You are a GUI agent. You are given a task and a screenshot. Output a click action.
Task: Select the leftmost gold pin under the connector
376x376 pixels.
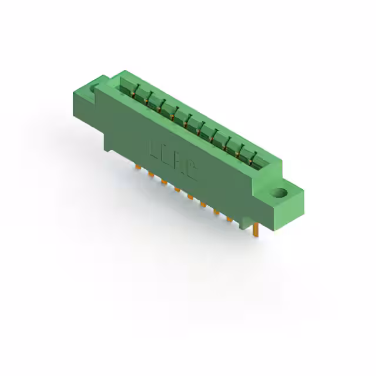pyautogui.click(x=138, y=167)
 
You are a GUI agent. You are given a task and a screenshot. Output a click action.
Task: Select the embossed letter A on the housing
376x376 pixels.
pyautogui.click(x=180, y=164)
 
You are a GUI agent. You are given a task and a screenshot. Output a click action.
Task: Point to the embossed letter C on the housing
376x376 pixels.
pyautogui.click(x=192, y=171)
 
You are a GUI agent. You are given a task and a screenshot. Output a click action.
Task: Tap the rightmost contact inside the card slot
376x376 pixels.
pyautogui.click(x=253, y=159)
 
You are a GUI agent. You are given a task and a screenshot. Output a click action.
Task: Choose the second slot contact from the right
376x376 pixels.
pyautogui.click(x=240, y=152)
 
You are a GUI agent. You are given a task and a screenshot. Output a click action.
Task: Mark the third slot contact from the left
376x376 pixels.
pyautogui.click(x=160, y=108)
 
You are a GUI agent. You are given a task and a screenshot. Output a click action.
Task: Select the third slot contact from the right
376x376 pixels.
pyautogui.click(x=227, y=144)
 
